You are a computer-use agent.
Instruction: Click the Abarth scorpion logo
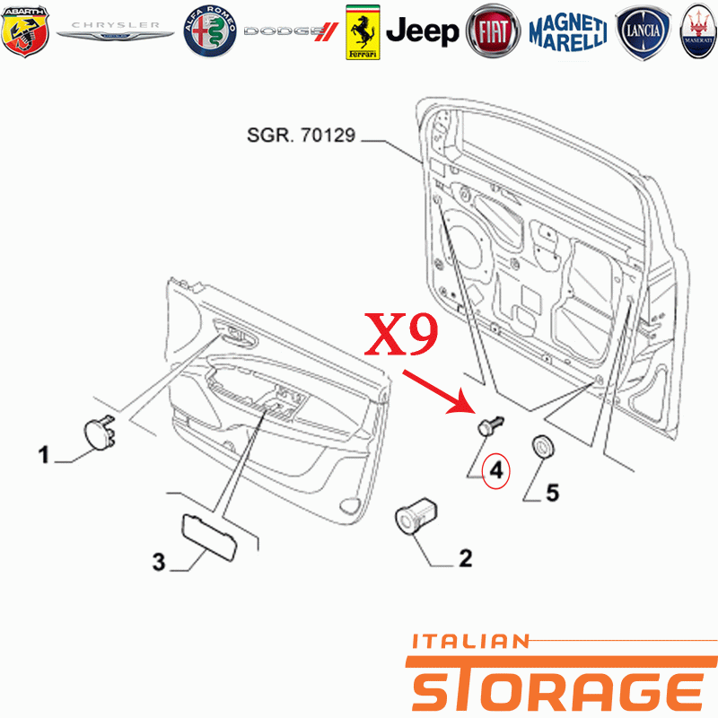tap(25, 31)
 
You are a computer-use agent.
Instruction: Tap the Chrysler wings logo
tap(115, 31)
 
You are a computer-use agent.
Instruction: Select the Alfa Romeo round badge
tap(210, 31)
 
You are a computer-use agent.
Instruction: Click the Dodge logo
tap(291, 31)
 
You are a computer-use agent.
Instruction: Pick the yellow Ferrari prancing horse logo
tap(363, 32)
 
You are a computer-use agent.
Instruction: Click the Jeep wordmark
tap(422, 31)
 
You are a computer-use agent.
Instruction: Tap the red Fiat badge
tap(493, 31)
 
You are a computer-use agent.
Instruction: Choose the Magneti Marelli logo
tap(568, 31)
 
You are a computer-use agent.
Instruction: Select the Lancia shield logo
tap(643, 32)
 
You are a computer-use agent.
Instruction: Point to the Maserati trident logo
tap(698, 31)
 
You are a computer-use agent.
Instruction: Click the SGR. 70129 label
tap(301, 136)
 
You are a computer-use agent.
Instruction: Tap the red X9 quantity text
tap(401, 334)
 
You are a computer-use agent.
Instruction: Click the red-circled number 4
tap(496, 470)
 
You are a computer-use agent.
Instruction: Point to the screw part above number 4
tap(490, 425)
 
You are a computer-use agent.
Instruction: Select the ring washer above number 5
tap(543, 446)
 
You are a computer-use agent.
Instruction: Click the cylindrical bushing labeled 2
tap(416, 515)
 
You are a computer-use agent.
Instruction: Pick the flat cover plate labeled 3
tap(210, 537)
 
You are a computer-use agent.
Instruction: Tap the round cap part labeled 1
tap(99, 433)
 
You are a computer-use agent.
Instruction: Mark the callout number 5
tap(552, 493)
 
